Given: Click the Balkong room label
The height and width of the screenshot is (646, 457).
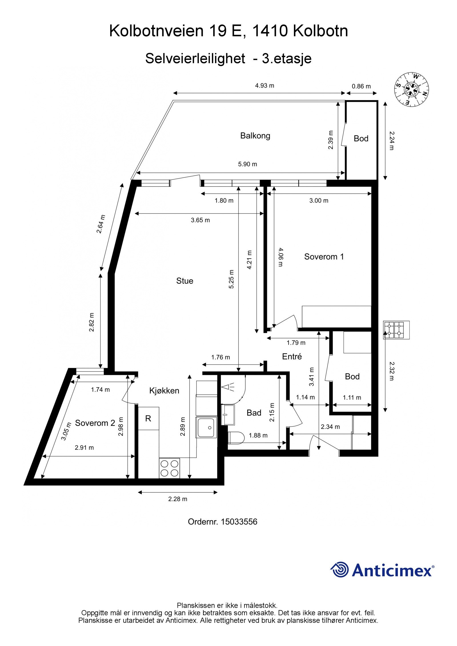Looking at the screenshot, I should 255,136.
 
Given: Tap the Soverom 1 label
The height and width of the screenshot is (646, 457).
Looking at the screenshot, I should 324,257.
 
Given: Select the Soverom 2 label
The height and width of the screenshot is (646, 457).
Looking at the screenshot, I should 95,423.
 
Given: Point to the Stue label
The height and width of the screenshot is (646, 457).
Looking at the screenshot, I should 185,281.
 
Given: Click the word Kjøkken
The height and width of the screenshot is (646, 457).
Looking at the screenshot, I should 164,391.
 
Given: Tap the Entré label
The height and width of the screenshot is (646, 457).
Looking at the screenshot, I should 292,356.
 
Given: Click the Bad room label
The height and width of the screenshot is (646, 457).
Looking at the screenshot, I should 254,413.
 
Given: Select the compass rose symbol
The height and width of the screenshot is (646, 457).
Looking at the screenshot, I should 412,89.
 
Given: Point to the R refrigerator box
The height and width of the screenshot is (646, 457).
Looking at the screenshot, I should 148,418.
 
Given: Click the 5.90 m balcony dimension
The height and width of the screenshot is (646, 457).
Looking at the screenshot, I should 247,164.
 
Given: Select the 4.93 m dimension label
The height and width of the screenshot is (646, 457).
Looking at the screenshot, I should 264,86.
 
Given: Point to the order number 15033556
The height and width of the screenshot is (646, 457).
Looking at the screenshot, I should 223,522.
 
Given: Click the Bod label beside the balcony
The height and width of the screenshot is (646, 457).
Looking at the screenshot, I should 361,139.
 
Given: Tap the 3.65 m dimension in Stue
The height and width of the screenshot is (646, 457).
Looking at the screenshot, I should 200,220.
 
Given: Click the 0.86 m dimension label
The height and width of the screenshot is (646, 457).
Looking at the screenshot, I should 361,86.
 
